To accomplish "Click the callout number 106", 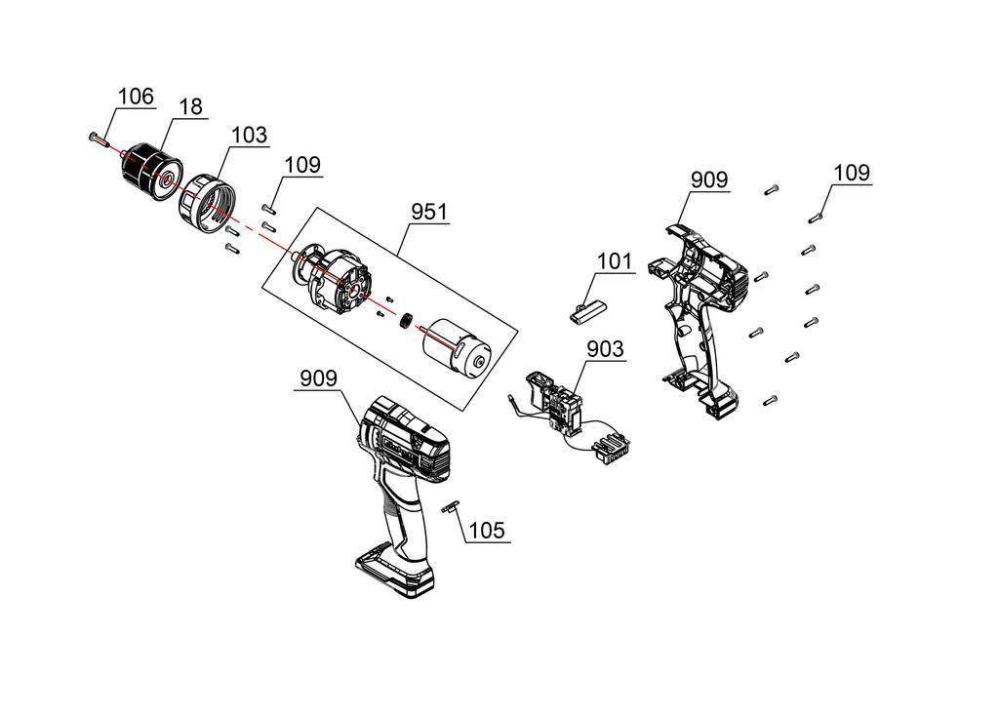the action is pyautogui.click(x=137, y=97).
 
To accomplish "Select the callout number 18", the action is pyautogui.click(x=190, y=106).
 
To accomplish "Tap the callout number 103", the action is pyautogui.click(x=249, y=135).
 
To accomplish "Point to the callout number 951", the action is pyautogui.click(x=429, y=212).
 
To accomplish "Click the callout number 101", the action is pyautogui.click(x=615, y=261).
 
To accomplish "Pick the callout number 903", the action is pyautogui.click(x=605, y=348).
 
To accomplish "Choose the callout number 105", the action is pyautogui.click(x=487, y=531).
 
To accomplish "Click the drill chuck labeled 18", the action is pyautogui.click(x=151, y=172).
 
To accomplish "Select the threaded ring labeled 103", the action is pyautogui.click(x=206, y=204).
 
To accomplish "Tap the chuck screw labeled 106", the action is pyautogui.click(x=98, y=139).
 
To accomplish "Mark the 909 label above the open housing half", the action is pyautogui.click(x=709, y=180).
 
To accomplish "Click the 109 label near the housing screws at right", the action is pyautogui.click(x=852, y=173).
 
